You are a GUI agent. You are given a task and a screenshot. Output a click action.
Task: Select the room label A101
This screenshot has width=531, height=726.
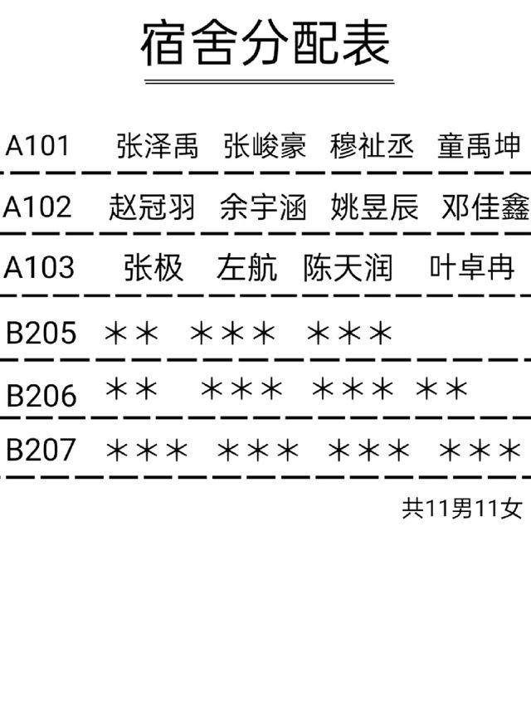[x=38, y=146]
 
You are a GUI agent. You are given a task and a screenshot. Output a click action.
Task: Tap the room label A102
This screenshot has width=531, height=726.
[x=38, y=207]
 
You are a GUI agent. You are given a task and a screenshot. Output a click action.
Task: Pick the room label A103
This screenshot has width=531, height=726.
[x=39, y=268]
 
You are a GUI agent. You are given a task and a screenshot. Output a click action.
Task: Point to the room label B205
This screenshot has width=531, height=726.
[x=41, y=334]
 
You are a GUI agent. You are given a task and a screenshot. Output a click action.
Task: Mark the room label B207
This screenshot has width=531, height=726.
[x=41, y=451]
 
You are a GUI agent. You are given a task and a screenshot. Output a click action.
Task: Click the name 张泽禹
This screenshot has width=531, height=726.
[x=158, y=146]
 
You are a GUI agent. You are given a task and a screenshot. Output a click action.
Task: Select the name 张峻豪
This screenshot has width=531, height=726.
[x=265, y=146]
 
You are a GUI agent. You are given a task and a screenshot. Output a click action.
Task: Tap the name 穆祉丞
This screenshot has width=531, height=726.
[x=371, y=146]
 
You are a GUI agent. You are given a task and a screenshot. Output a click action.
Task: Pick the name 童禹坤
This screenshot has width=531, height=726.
[x=479, y=146]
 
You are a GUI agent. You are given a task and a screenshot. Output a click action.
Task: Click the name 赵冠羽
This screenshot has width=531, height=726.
[x=152, y=207]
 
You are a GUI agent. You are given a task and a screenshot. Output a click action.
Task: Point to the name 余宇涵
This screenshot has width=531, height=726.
[x=263, y=207]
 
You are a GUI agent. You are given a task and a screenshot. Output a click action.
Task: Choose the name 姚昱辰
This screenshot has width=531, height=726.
[x=374, y=207]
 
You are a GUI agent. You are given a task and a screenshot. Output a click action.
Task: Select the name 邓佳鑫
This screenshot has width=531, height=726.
[x=485, y=207]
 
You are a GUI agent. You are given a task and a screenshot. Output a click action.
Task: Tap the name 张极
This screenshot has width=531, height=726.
[x=153, y=268]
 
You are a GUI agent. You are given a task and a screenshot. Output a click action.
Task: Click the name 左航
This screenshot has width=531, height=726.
[x=247, y=268]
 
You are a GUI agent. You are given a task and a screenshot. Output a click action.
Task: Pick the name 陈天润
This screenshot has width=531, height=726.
[x=348, y=268]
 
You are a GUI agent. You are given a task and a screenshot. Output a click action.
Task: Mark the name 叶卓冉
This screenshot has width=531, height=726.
[x=472, y=267]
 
